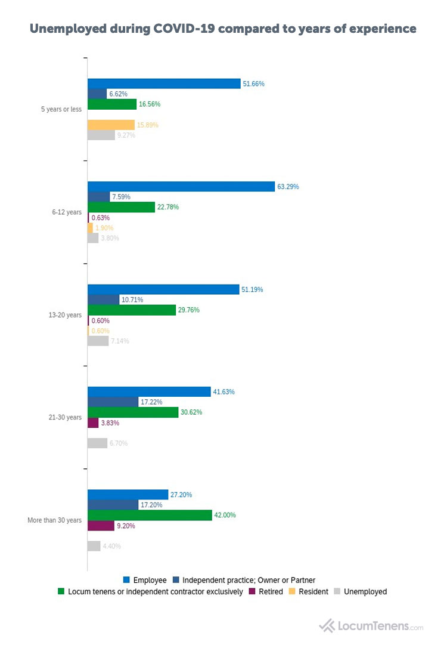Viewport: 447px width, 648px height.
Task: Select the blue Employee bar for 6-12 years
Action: pos(181,187)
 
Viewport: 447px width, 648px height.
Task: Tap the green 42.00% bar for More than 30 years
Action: pos(150,515)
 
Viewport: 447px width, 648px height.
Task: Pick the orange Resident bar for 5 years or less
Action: pos(111,125)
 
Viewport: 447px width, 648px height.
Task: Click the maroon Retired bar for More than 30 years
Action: pos(101,526)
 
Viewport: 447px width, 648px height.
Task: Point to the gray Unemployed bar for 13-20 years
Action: pos(98,341)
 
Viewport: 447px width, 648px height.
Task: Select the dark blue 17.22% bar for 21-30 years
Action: pos(113,402)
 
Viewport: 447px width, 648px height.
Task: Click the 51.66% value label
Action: pos(253,84)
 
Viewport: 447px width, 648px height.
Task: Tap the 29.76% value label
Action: pos(188,310)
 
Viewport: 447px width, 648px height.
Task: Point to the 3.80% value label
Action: pos(110,238)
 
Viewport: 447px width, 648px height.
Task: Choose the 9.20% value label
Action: pos(126,526)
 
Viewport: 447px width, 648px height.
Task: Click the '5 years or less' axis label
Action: pos(61,109)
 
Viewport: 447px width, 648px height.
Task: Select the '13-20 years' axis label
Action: pos(67,315)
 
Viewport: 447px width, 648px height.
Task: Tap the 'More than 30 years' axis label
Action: pos(54,520)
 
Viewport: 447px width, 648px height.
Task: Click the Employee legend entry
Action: pos(145,580)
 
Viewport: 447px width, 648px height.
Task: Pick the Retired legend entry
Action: pos(266,592)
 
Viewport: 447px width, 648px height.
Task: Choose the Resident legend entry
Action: pos(309,592)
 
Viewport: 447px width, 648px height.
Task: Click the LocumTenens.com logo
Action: pos(371,626)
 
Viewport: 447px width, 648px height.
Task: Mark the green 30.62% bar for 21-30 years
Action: pos(133,412)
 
